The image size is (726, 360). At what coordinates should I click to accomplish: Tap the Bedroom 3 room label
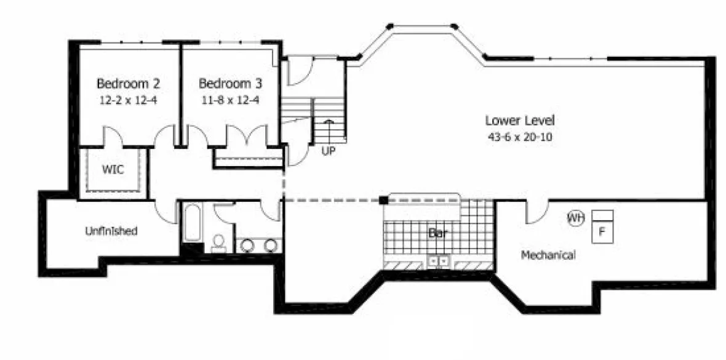coord(225,83)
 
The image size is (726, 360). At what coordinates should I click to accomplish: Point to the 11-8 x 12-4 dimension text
coord(225,98)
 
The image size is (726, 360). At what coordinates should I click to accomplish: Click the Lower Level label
coord(519,120)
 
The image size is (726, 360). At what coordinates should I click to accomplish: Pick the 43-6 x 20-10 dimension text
coord(519,137)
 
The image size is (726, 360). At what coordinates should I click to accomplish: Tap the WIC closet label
coord(113,169)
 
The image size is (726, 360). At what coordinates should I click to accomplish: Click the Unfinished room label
coord(111,231)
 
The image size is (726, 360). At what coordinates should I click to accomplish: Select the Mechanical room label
coord(548,254)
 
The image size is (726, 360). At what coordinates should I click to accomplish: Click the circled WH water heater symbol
coord(575,218)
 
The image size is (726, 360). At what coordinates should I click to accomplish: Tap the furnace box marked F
coord(603,231)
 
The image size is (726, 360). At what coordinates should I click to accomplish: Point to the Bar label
coord(437,234)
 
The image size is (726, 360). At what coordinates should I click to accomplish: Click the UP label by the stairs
coord(329,151)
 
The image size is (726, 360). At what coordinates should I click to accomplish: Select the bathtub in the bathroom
coord(191,225)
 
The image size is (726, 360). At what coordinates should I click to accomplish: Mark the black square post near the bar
coord(383,199)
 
